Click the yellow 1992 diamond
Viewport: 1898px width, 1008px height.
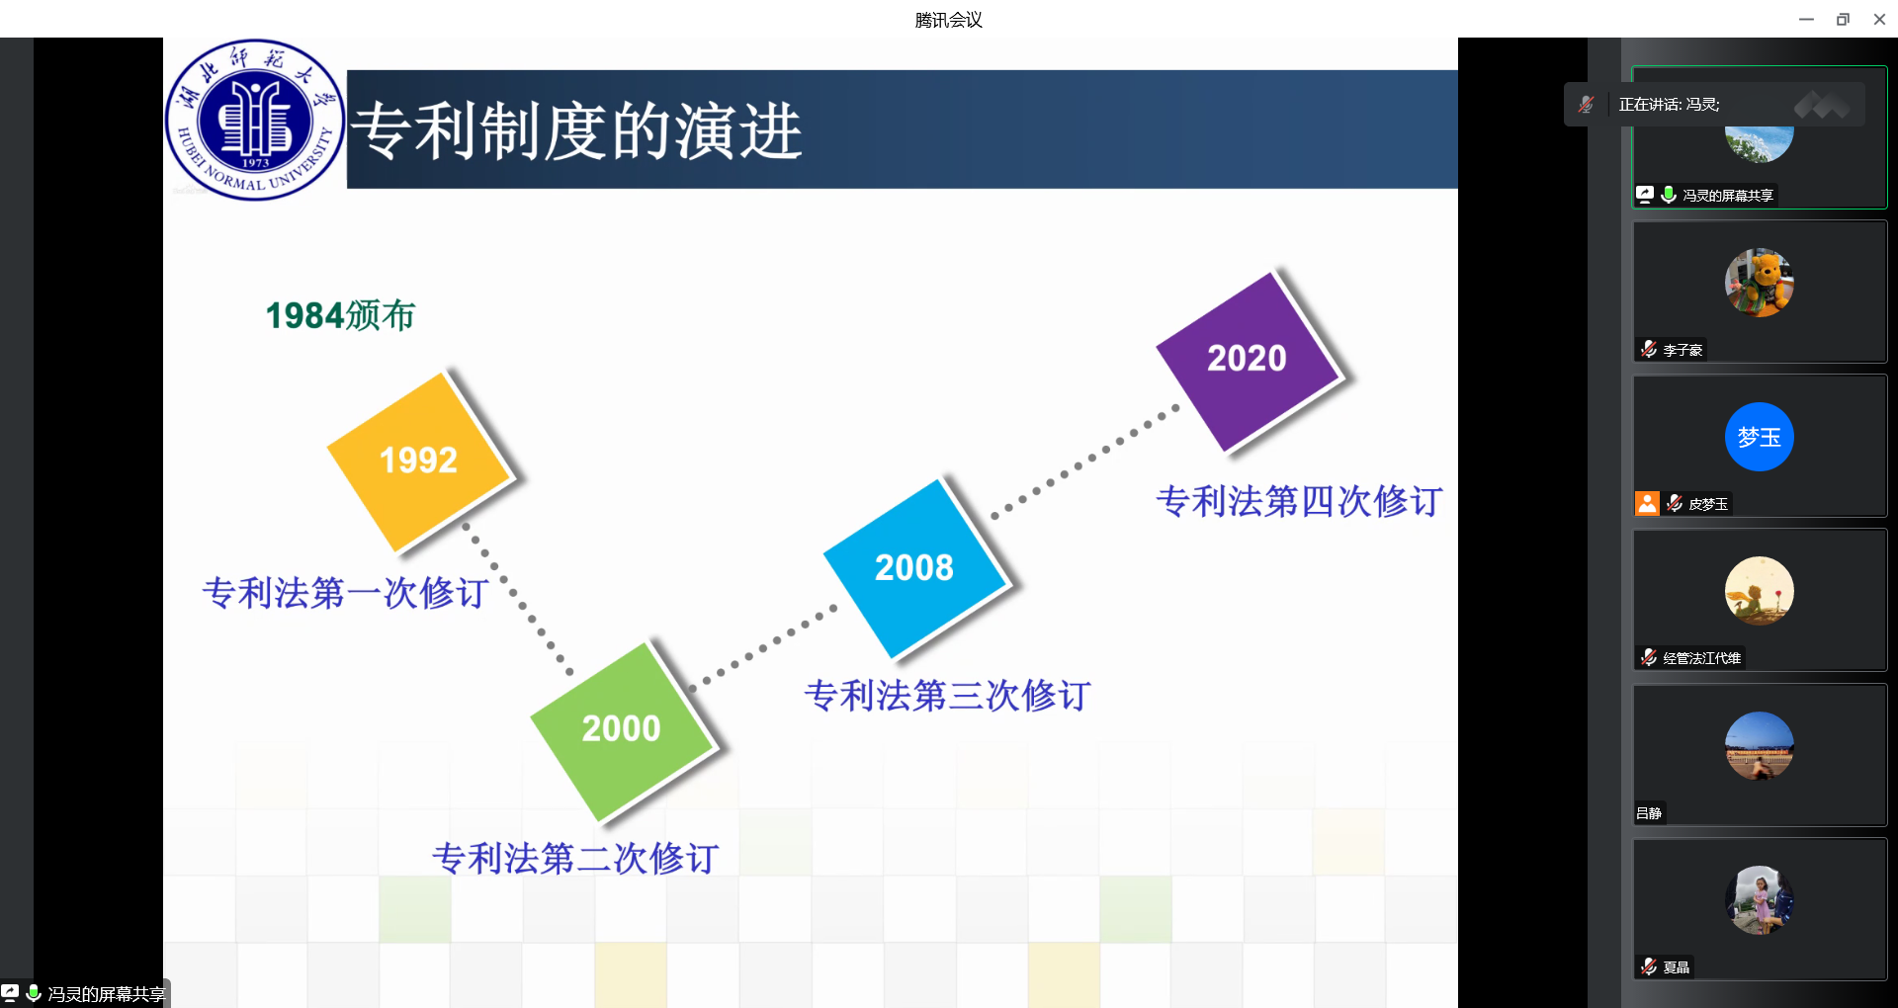coord(419,462)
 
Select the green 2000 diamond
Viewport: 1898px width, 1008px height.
coord(622,730)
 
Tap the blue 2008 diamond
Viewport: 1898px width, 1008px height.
coord(914,568)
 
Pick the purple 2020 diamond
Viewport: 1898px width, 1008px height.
coord(1248,360)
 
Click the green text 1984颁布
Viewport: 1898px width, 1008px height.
coord(340,316)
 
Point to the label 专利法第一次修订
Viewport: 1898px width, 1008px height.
coord(345,593)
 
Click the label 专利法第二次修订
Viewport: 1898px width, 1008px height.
coord(575,858)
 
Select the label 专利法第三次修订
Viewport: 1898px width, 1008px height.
coord(948,696)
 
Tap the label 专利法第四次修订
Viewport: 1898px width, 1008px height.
coord(1299,501)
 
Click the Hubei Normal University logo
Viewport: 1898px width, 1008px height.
coord(255,120)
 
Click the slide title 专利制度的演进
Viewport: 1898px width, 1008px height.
coord(577,131)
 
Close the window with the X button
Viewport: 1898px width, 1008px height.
coord(1879,19)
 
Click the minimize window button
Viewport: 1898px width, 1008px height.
coord(1806,19)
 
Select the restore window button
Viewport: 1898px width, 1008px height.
coord(1843,19)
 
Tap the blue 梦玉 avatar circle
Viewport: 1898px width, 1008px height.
coord(1760,437)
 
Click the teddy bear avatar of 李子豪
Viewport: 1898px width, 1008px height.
coord(1760,283)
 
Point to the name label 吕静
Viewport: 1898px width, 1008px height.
coord(1649,813)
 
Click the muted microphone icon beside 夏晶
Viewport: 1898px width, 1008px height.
coord(1649,966)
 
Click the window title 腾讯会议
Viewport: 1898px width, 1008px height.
coord(948,20)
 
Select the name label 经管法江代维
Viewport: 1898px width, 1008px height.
coord(1701,658)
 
